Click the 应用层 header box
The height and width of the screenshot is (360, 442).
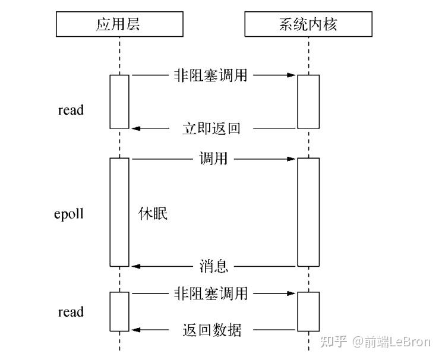pos(119,24)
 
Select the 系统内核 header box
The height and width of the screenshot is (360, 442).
pos(309,24)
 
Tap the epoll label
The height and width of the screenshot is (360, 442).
pos(69,214)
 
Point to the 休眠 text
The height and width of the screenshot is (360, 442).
pos(153,213)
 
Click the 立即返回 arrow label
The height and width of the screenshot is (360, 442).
pos(211,128)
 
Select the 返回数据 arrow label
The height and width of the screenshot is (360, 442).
pos(211,330)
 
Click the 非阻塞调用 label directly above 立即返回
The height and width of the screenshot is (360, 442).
pos(211,75)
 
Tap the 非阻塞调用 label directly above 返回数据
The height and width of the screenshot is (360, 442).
pos(211,293)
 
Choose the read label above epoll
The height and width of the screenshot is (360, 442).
pos(71,110)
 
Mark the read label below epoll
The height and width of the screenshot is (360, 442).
pos(71,312)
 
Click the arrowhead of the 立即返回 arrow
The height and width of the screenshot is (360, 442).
pos(135,128)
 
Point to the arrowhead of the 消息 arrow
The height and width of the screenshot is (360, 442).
pos(135,266)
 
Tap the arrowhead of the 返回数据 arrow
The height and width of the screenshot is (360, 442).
pos(135,330)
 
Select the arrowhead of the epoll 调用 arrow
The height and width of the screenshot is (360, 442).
pos(292,159)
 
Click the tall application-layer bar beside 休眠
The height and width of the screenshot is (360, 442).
pos(119,211)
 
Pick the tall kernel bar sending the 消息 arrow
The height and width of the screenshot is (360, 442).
pos(309,211)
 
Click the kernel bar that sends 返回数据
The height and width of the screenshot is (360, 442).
pos(309,311)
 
